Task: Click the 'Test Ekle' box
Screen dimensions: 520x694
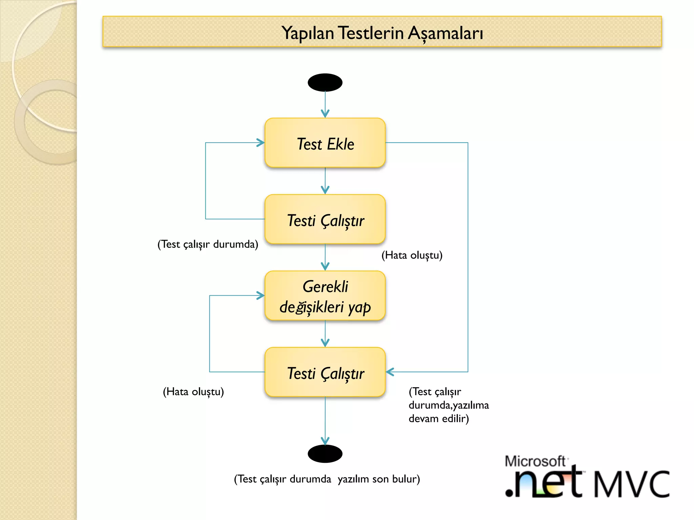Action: (325, 143)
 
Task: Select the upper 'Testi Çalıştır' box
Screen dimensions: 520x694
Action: (325, 219)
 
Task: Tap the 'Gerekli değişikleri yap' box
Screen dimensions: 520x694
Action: (325, 296)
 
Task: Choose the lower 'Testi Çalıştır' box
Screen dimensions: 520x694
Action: (325, 372)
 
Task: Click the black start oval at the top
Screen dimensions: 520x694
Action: (325, 83)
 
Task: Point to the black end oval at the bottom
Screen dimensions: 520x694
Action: (325, 454)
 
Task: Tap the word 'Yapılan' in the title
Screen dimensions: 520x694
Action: (308, 33)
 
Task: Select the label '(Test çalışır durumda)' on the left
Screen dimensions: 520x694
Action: (208, 244)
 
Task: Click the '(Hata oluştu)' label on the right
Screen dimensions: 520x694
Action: (412, 255)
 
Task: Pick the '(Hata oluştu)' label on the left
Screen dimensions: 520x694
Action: (193, 392)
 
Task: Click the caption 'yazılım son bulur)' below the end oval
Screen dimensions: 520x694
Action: (379, 479)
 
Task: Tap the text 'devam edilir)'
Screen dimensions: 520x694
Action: (438, 419)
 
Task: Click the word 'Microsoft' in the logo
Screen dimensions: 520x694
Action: (535, 461)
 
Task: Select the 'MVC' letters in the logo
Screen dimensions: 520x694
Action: (632, 484)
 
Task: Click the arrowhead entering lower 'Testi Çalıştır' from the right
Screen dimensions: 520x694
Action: (390, 372)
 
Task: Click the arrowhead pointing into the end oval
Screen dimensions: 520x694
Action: (325, 441)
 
